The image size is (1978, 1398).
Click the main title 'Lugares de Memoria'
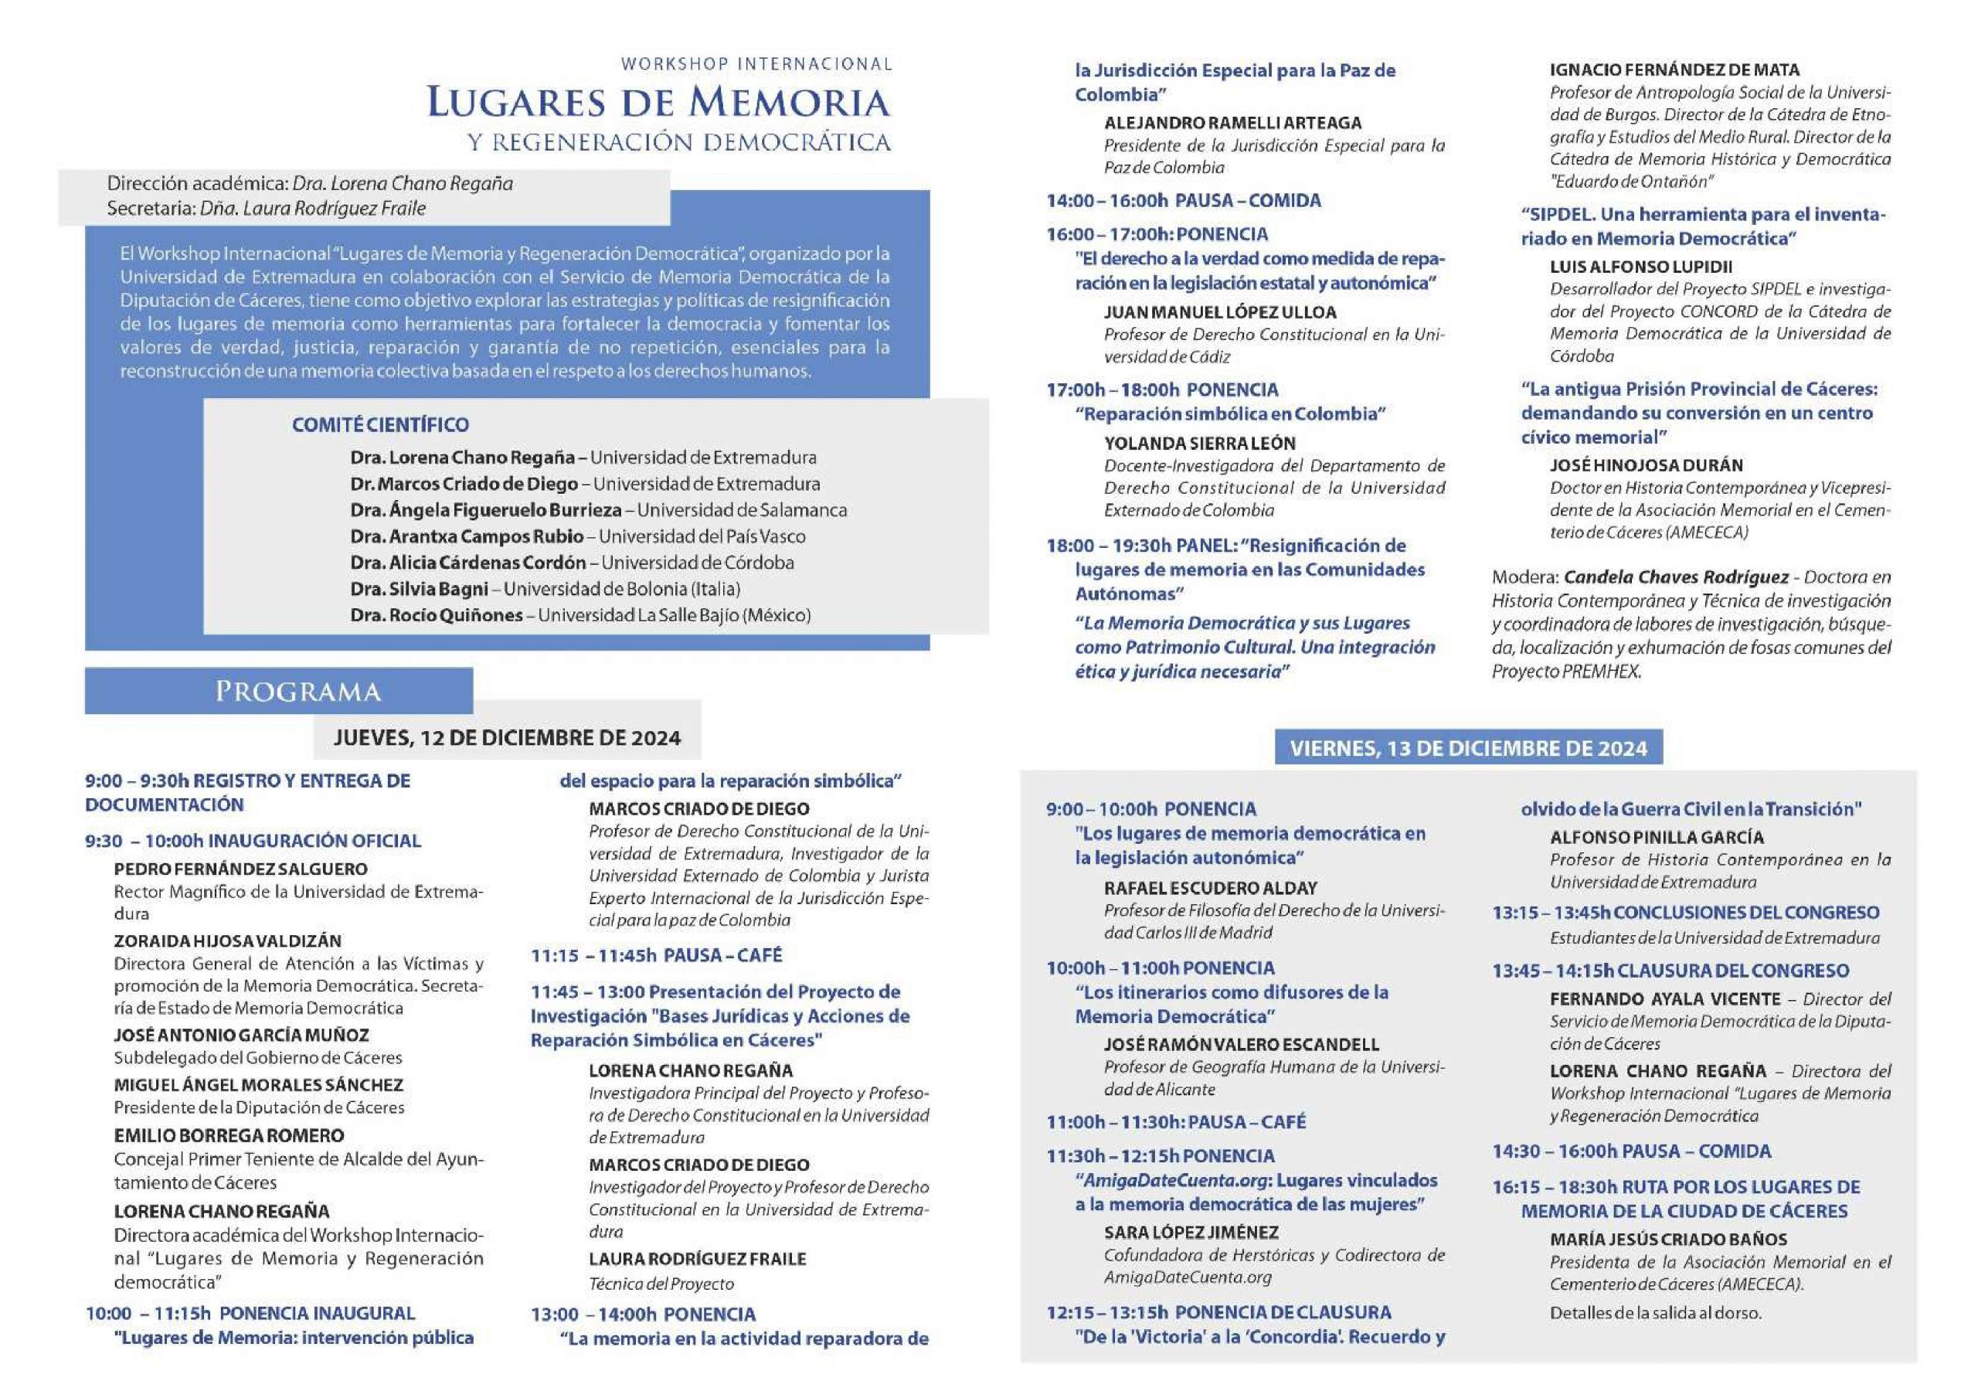(658, 103)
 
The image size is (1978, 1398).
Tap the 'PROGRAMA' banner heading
(297, 691)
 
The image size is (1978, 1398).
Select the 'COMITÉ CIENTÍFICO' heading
(380, 425)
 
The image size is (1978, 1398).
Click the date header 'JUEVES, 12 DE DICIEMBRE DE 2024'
(508, 738)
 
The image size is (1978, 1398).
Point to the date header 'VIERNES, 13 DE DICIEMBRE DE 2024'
(1468, 748)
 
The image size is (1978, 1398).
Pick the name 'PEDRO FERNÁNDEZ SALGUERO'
(240, 869)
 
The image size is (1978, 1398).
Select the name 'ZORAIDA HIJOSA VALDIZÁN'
(227, 941)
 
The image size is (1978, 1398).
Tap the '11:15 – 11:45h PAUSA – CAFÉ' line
(657, 955)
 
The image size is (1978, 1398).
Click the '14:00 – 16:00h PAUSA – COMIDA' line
(1183, 201)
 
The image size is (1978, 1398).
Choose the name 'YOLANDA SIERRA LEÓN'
(1199, 443)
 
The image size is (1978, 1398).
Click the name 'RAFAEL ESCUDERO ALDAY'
(1211, 888)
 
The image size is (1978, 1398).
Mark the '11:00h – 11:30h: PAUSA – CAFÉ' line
(1176, 1122)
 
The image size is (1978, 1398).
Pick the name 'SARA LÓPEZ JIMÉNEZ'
(1191, 1233)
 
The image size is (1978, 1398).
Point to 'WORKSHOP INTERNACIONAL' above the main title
(756, 64)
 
